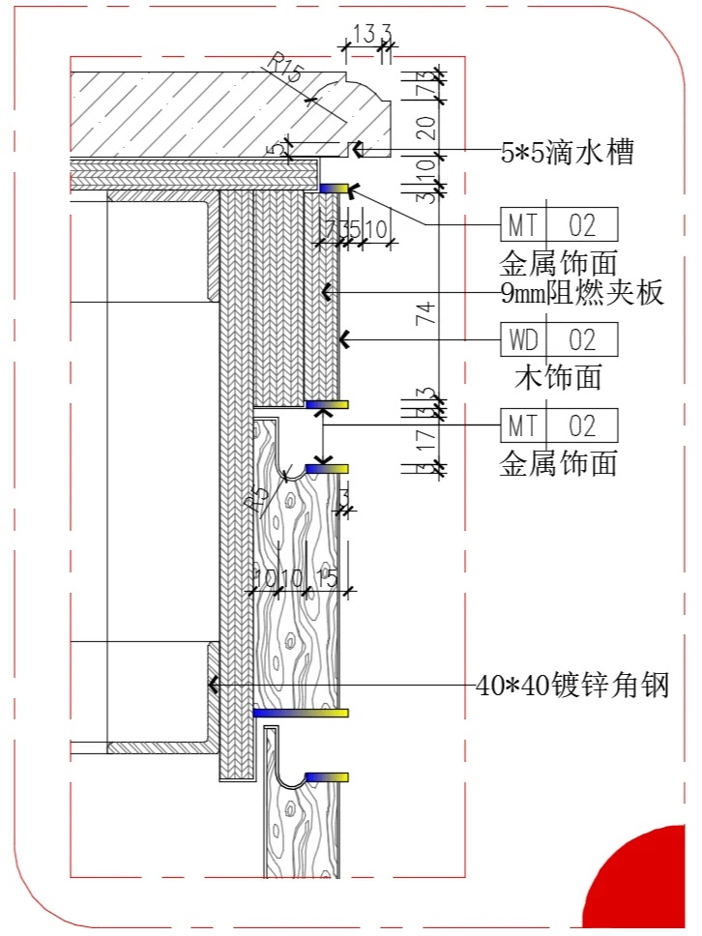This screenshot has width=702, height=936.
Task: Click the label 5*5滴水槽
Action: [567, 152]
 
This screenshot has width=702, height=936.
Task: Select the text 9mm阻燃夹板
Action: [583, 293]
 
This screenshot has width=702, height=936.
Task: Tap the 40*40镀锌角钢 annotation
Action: [573, 686]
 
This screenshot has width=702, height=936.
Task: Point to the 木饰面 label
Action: [558, 375]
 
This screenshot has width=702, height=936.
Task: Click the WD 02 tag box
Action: [559, 340]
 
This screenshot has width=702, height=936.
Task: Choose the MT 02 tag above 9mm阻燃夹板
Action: [559, 225]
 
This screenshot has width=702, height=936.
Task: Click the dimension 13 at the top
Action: [363, 36]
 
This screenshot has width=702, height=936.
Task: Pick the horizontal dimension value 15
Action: [327, 578]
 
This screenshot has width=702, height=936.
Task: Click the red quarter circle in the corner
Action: [651, 885]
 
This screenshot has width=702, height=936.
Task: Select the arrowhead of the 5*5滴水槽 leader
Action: [356, 149]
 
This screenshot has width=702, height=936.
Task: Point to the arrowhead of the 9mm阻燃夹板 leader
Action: [327, 292]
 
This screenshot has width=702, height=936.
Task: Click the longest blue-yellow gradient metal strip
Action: [300, 713]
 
